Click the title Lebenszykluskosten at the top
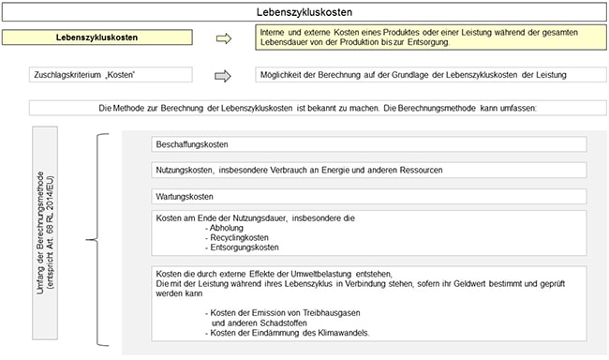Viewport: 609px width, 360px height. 304,12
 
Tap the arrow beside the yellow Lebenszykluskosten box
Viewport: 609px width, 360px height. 223,38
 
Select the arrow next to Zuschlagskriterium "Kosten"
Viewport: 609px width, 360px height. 223,75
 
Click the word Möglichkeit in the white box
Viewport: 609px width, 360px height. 282,75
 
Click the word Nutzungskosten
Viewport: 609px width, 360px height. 185,171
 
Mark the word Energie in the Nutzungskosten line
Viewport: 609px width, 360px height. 327,171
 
